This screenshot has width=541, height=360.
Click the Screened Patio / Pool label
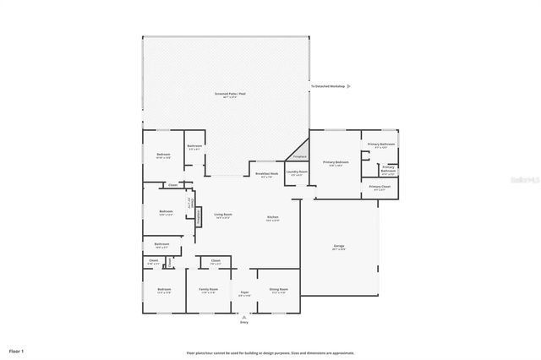click(229, 94)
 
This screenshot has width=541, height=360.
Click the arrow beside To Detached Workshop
click(350, 86)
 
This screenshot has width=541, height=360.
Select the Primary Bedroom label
click(336, 163)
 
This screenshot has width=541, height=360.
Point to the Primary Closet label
click(380, 188)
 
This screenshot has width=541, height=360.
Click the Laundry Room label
click(297, 173)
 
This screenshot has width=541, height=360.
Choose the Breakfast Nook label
click(267, 175)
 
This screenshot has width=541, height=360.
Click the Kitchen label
click(273, 218)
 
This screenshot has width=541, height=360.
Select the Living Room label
click(223, 215)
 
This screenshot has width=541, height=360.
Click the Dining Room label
click(278, 291)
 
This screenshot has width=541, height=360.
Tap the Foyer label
click(244, 293)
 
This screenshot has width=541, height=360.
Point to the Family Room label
click(207, 291)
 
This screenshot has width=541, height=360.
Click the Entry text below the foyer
click(244, 322)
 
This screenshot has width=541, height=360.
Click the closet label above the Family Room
click(216, 262)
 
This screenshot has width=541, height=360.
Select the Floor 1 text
click(17, 350)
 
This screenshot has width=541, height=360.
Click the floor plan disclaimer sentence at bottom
click(270, 352)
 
